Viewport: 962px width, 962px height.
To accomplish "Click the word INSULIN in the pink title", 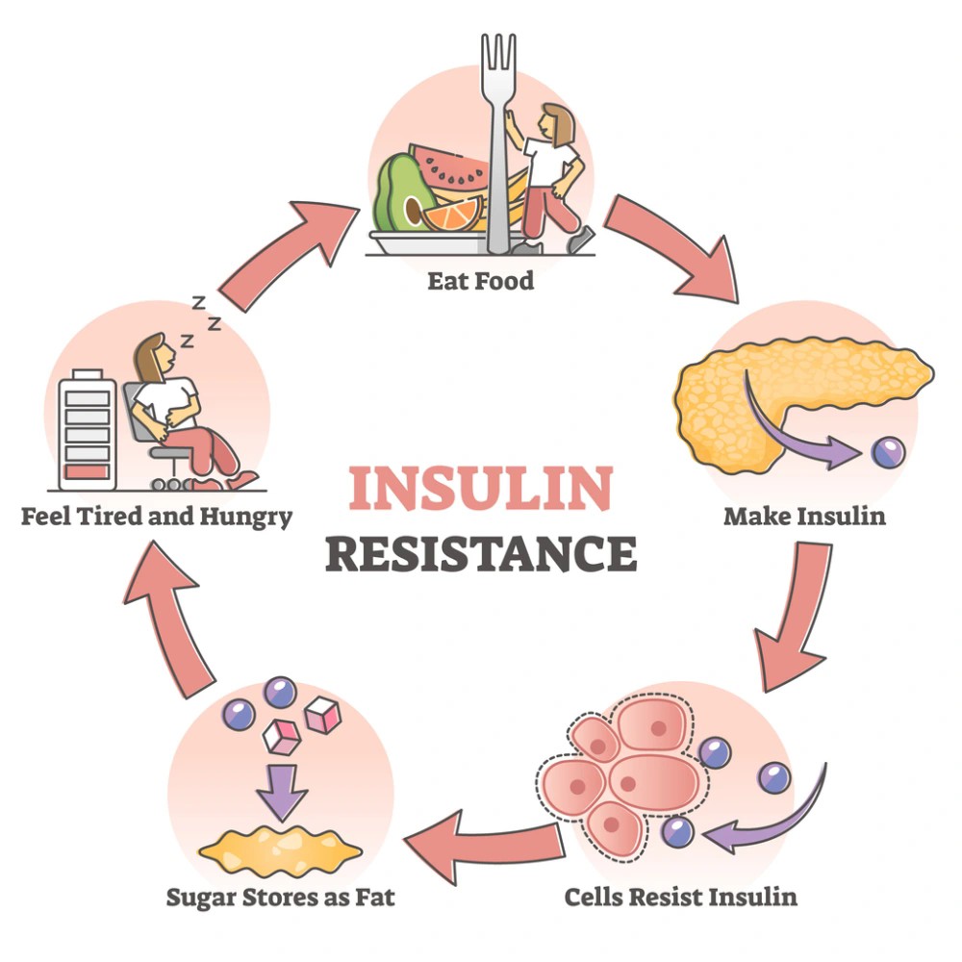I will point(480,489).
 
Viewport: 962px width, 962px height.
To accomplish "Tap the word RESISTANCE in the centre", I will point(480,554).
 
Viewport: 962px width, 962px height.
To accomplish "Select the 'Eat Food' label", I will point(481,282).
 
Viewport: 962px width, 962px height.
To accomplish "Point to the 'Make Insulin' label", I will point(804,516).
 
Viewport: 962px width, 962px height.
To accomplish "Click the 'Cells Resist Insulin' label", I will point(680,897).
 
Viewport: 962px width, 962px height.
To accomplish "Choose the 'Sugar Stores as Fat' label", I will point(280,898).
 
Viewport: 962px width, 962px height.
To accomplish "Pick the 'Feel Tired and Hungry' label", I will point(157,517).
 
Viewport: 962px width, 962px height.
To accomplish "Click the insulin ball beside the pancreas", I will point(884,453).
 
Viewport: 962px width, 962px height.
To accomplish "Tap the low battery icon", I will point(87,430).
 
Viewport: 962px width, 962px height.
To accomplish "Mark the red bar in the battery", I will point(87,471).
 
